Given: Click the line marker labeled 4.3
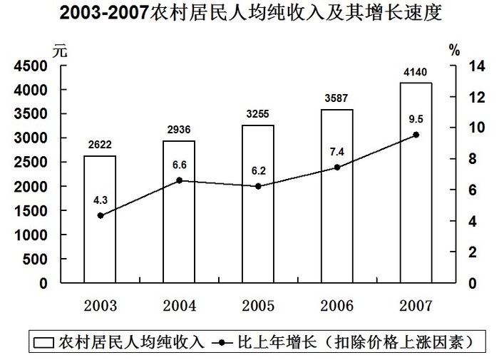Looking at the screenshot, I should coord(100,215).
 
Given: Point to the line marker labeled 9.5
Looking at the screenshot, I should coord(416,135).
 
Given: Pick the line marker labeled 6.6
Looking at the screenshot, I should coord(179,180).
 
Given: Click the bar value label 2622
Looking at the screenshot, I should coord(99,145).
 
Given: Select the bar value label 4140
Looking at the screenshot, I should coord(415,72).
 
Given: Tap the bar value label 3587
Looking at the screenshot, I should coord(336,99).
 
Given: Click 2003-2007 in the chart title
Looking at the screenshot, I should coord(105,14).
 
